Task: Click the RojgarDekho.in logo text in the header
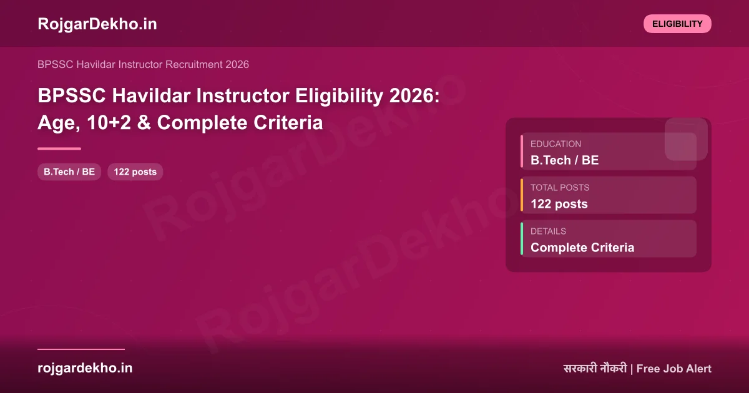(97, 24)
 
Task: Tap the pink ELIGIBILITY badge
(677, 24)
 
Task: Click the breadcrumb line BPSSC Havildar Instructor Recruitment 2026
(143, 64)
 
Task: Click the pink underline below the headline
(59, 148)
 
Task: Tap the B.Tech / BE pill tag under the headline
(69, 172)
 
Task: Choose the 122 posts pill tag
(135, 172)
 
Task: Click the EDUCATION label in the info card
(556, 144)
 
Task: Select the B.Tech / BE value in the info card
(564, 160)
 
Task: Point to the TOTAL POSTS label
(560, 188)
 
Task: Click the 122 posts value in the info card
(559, 204)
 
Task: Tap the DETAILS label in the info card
(548, 231)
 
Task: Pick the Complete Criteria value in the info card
(582, 248)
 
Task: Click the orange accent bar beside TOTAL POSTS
(522, 195)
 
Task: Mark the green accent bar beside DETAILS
(522, 238)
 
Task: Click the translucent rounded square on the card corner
(686, 138)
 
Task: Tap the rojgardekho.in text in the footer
(85, 368)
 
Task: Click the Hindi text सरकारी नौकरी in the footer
(594, 369)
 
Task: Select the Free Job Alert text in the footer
(674, 369)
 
